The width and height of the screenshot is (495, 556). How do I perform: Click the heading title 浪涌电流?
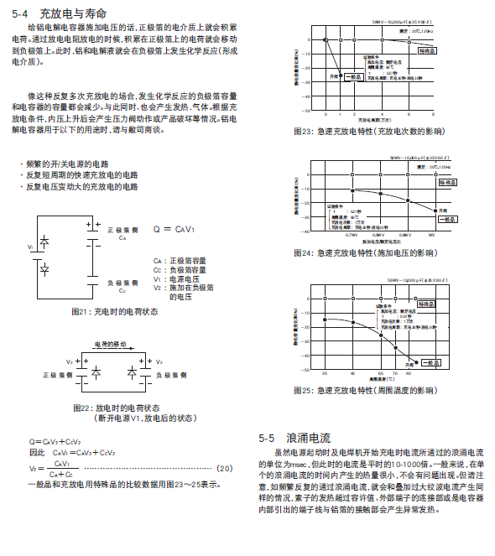point(308,438)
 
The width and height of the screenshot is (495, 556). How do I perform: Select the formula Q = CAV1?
point(174,229)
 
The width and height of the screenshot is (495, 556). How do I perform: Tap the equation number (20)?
point(224,468)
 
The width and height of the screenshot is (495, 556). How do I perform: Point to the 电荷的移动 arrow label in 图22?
point(110,345)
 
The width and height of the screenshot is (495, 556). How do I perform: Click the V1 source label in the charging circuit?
point(30,247)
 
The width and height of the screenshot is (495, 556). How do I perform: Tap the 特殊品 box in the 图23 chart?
point(429,50)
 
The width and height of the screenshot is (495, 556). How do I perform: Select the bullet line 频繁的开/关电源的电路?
point(66,163)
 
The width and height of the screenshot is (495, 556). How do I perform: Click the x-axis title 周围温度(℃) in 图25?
point(381,379)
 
